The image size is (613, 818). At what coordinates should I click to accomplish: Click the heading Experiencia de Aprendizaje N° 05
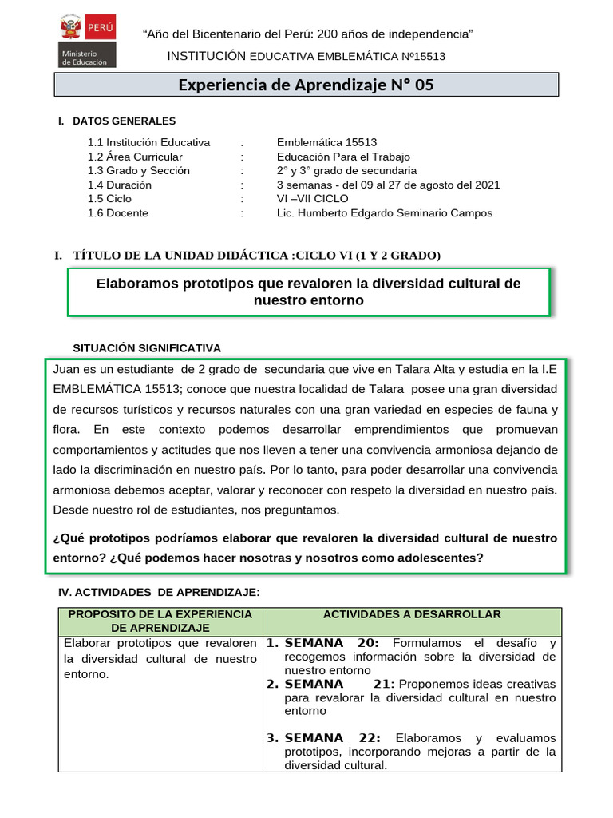tap(306, 85)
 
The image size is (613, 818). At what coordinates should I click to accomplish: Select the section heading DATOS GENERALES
tap(124, 121)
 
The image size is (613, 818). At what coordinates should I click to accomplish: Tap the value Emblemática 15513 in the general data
tap(326, 142)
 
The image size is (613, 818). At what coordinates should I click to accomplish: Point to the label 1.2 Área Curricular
tap(135, 157)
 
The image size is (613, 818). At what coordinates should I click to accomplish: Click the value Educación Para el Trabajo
tap(344, 157)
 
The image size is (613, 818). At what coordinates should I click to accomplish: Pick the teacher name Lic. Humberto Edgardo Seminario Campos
tap(385, 213)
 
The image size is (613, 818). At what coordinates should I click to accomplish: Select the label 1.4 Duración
tap(120, 185)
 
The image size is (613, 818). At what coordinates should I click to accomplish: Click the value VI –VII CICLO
tap(313, 199)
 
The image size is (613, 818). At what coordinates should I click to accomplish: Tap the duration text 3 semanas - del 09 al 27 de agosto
tap(389, 185)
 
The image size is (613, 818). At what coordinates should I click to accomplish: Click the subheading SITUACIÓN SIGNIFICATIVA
tap(147, 348)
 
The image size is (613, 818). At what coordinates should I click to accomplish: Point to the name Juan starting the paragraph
tap(66, 370)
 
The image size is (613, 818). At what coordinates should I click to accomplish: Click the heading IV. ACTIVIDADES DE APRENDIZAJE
tap(160, 592)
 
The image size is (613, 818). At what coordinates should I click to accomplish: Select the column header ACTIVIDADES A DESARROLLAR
tap(412, 614)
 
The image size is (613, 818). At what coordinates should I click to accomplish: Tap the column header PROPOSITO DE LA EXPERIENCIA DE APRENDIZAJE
tap(160, 621)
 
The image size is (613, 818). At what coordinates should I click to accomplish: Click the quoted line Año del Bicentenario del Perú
tap(307, 34)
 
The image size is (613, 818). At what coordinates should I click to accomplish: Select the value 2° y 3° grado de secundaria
tap(346, 170)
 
